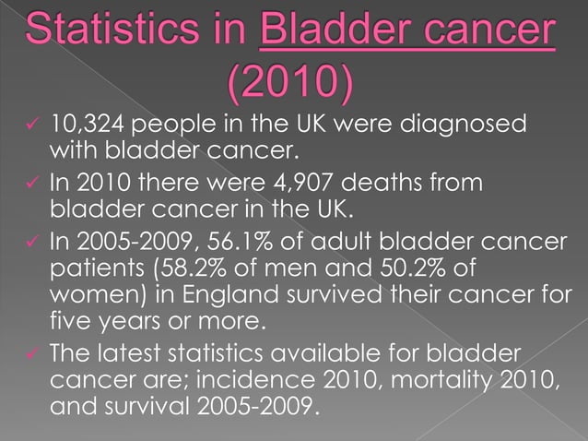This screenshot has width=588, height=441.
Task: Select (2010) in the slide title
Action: [289, 86]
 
